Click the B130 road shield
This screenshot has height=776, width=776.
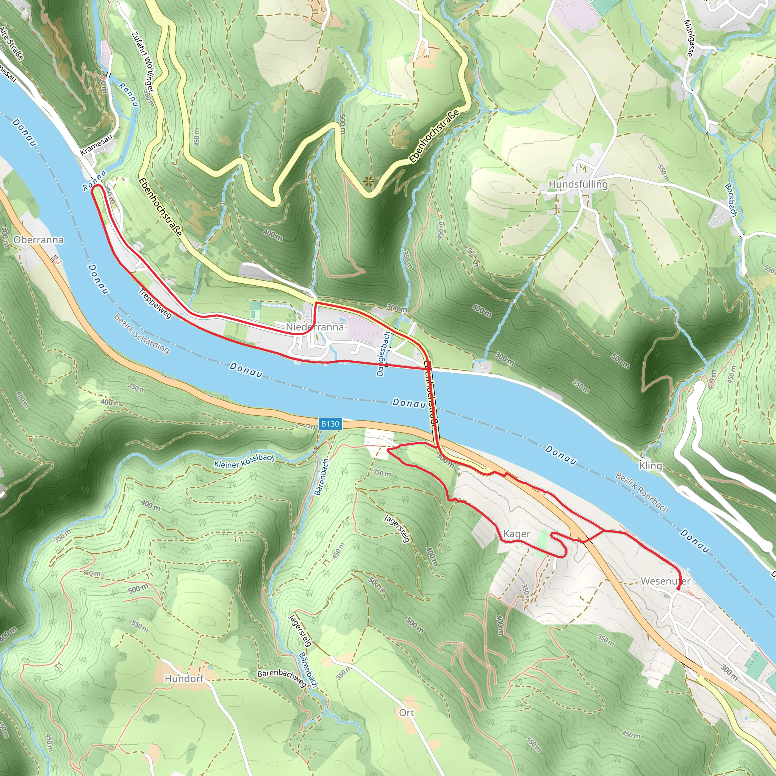click(x=330, y=424)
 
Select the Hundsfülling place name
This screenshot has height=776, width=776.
click(x=578, y=185)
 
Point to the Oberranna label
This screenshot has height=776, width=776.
click(x=39, y=240)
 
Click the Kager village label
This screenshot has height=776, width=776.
click(x=516, y=534)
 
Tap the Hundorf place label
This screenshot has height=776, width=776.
click(x=185, y=678)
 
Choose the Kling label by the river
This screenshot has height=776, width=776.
click(x=650, y=466)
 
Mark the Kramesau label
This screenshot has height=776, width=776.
click(x=96, y=145)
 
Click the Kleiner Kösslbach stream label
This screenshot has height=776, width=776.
click(x=244, y=462)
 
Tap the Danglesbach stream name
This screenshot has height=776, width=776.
click(x=383, y=354)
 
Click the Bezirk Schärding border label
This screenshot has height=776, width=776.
click(x=141, y=333)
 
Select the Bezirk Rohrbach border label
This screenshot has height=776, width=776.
click(x=642, y=493)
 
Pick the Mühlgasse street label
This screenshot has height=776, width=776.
click(x=689, y=38)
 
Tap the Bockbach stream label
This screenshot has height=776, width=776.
click(x=731, y=200)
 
